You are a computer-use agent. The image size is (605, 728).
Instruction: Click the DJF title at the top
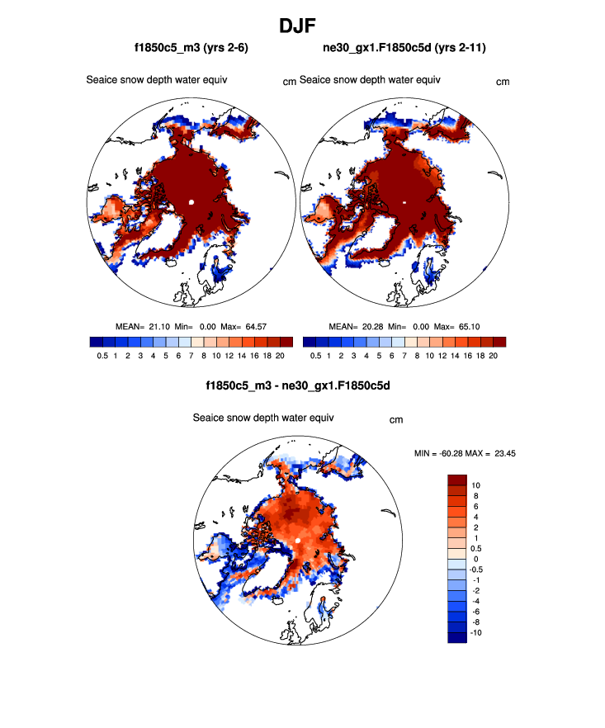[302, 26]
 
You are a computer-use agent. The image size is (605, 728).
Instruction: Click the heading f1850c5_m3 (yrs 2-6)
[191, 50]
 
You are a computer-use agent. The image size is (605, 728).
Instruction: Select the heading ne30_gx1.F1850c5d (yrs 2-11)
[404, 50]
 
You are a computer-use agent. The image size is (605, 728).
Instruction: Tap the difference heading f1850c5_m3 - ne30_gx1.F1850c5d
[298, 385]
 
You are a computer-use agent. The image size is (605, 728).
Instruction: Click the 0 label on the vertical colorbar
[475, 559]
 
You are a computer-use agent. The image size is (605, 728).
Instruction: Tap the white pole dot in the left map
[191, 201]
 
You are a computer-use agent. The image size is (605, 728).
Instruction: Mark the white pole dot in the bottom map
[297, 540]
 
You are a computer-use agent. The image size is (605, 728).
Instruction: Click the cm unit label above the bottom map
[396, 420]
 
